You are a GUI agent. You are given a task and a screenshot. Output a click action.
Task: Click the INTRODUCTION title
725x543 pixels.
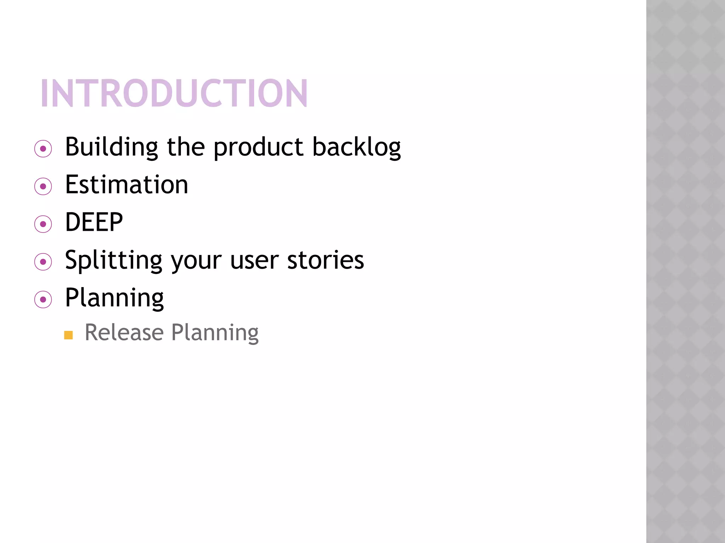point(174,93)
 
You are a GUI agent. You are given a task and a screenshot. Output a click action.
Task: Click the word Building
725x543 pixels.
point(111,147)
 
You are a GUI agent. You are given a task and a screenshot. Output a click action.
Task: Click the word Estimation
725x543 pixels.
point(126,185)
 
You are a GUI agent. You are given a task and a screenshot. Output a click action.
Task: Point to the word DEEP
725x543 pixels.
point(94,222)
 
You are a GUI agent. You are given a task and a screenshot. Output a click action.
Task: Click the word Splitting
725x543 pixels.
point(114,261)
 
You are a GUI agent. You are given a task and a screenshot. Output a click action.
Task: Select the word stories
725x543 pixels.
point(325,261)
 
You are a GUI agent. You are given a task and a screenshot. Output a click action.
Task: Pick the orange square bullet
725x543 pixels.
point(68,335)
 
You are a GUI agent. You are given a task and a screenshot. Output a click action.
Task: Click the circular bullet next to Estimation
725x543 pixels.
point(43,186)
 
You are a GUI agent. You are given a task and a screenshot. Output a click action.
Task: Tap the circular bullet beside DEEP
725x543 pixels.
point(43,224)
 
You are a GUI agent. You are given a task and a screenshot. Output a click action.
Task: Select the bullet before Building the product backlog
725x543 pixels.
point(43,149)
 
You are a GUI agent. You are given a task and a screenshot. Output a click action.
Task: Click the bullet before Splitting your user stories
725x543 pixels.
point(43,262)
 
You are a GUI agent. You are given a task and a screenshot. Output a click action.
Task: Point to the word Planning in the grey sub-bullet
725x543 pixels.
point(215,333)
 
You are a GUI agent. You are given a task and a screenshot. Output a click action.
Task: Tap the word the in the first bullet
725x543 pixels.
point(186,147)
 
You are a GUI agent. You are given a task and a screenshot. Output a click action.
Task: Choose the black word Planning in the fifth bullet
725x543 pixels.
point(114,298)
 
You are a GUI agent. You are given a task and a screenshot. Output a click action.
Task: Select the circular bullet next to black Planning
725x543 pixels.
point(43,300)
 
